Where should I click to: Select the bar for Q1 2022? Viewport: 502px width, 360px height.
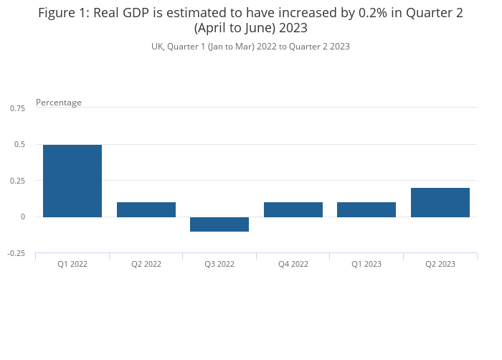point(72,181)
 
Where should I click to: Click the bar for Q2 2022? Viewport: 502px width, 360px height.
point(146,209)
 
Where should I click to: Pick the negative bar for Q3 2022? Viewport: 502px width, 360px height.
point(219,224)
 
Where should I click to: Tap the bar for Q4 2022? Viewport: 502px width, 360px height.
point(293,209)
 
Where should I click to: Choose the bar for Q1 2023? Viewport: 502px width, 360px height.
point(366,209)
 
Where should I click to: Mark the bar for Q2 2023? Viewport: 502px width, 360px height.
point(440,202)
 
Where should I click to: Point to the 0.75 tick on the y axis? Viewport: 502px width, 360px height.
point(18,108)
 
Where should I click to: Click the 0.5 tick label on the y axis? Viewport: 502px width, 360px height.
point(20,144)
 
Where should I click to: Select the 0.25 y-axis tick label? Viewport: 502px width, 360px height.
point(18,181)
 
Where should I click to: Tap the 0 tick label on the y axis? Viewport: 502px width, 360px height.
point(23,217)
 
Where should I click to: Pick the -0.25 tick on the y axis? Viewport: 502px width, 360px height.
point(17,253)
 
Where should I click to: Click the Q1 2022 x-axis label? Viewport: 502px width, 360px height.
point(72,264)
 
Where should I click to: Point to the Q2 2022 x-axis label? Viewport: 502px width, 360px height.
point(146,264)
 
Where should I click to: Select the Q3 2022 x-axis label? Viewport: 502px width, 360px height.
point(219,264)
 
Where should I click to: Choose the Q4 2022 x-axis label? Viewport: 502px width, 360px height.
point(293,264)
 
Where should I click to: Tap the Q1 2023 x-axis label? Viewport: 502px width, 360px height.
point(366,264)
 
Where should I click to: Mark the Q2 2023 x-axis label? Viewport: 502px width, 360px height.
point(440,264)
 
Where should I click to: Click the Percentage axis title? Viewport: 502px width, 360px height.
point(59,103)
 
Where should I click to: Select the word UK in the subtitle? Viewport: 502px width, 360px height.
point(157,47)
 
